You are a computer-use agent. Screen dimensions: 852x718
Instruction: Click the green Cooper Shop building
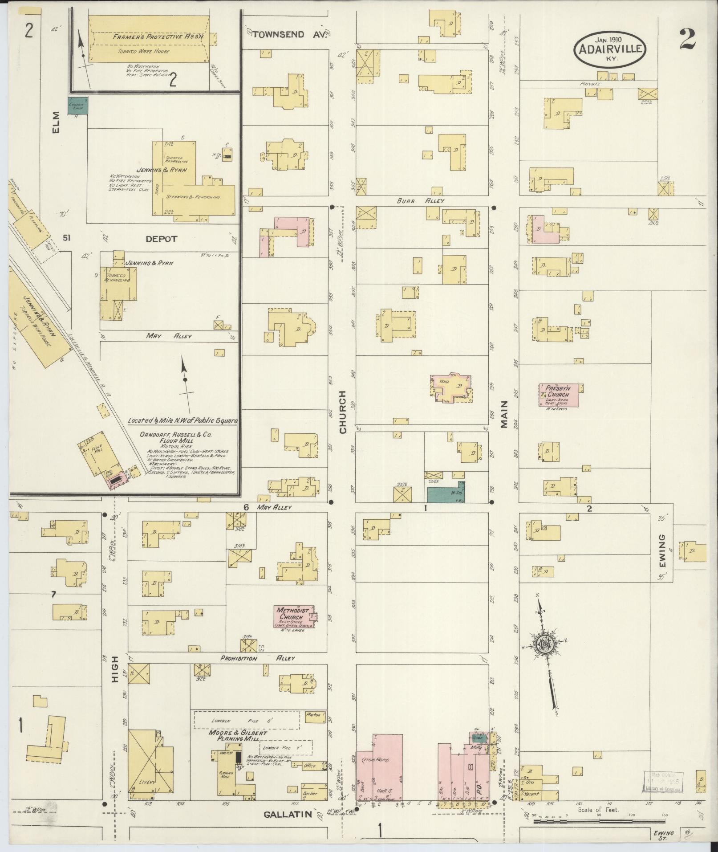coord(78,106)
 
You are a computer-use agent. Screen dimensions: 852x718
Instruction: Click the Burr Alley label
coord(421,201)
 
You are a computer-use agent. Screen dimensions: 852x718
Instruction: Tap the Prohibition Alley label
coord(258,658)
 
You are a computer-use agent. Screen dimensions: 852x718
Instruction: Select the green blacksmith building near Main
coord(446,494)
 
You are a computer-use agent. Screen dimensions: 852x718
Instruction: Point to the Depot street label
coord(161,239)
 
